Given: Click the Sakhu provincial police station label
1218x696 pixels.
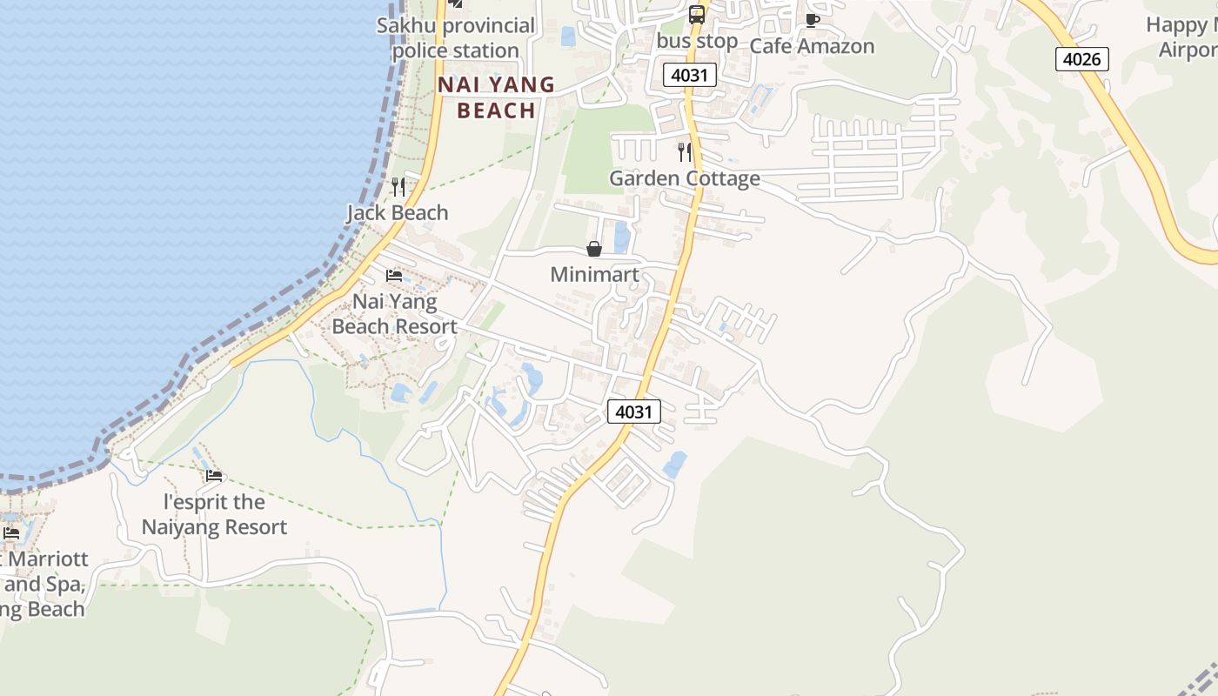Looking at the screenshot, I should pos(456,38).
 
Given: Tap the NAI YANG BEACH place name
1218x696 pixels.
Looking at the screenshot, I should pos(496,97).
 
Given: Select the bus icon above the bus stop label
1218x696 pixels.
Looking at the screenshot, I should pos(697,15).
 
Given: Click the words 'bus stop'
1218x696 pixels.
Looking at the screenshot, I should pos(697,41).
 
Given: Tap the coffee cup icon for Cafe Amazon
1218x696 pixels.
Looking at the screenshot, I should pos(812,20).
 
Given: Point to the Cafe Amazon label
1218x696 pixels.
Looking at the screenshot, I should pos(812,46).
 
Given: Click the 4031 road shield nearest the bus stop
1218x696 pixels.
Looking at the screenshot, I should pos(690,75).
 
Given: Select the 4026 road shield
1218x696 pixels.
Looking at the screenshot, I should pos(1082,59).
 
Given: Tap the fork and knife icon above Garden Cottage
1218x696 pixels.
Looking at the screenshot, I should pos(685,152).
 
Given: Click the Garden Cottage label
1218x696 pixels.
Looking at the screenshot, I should pos(685,178).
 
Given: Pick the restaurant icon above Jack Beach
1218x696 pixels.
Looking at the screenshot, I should pos(398,186).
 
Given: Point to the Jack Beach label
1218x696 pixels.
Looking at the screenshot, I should pos(398,212).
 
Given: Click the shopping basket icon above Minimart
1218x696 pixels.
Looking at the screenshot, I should pos(594,250).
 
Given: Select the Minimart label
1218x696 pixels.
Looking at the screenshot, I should pos(594,275).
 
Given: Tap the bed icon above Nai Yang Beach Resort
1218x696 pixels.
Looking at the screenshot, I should pos(394,276).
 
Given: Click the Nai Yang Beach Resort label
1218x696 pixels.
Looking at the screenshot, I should pos(394,314).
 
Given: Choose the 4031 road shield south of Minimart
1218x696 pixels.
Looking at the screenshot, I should pos(633,412).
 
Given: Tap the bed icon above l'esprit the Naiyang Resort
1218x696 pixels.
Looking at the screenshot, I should pos(214,476).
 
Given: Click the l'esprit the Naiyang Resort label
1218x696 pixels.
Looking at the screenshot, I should pos(214,514).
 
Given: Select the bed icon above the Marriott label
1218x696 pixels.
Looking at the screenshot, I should pos(11,532).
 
